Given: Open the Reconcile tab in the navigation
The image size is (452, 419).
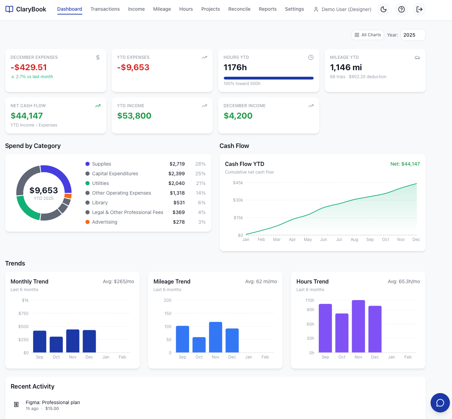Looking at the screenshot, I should click(x=239, y=9).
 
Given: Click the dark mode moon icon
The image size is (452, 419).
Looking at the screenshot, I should click(x=383, y=9).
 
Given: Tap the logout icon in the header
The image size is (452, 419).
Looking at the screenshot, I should click(x=419, y=9).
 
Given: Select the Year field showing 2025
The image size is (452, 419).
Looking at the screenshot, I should click(x=413, y=35).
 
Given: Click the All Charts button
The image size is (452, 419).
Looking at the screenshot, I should click(x=368, y=35).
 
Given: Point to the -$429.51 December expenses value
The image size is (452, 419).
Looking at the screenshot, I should click(x=29, y=67).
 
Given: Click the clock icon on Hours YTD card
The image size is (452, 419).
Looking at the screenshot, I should click(x=311, y=57).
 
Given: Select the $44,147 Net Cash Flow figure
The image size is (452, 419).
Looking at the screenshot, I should click(x=27, y=116).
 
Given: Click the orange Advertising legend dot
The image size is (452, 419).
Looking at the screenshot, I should click(x=87, y=222).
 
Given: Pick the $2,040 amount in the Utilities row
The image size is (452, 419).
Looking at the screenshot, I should click(x=176, y=183).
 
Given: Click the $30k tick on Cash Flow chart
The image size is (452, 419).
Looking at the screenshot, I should click(x=238, y=200).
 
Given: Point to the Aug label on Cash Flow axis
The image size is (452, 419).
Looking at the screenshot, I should click(x=354, y=240).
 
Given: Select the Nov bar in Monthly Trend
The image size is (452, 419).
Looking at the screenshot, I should click(x=73, y=341).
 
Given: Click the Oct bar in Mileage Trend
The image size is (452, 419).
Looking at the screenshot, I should click(x=199, y=345).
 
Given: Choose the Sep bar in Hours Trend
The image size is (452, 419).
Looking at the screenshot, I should click(x=325, y=328).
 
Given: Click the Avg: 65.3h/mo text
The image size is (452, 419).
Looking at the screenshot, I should click(x=404, y=281).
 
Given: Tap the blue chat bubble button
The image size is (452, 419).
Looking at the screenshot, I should click(x=440, y=403).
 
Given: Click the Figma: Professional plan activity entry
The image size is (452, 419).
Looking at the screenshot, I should click(x=53, y=402).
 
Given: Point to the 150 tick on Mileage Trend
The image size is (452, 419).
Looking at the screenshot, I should click(x=168, y=314).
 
